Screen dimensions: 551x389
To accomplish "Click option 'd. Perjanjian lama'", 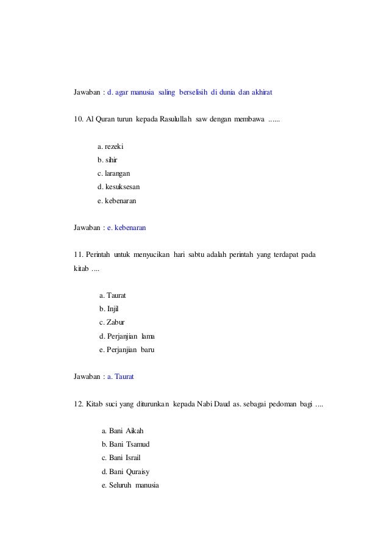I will tap(130, 336).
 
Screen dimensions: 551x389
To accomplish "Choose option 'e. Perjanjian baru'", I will tap(130, 350).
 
